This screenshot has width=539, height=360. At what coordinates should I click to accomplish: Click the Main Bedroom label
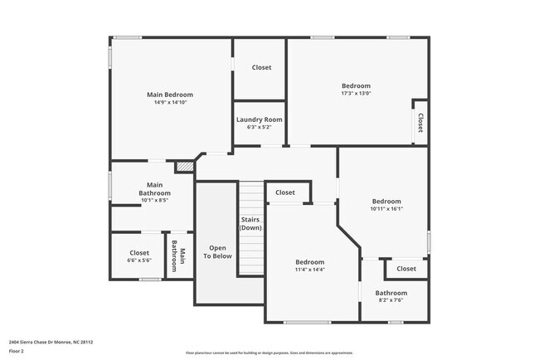point(170,95)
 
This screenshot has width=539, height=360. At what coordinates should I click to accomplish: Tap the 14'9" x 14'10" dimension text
point(170,103)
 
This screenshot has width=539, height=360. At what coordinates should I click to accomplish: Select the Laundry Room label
point(259,119)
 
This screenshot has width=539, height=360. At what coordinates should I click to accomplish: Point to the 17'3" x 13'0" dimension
point(356,94)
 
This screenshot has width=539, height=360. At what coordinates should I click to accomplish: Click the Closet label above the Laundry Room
point(261,67)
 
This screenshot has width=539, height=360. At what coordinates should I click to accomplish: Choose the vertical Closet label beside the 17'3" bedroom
point(420,123)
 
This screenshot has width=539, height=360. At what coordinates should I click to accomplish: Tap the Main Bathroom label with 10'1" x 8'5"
point(154,189)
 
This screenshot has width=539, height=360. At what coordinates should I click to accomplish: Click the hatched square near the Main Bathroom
point(183,166)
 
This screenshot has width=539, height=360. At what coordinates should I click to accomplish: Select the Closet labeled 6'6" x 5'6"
point(139,253)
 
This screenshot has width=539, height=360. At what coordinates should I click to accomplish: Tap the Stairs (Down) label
point(250,223)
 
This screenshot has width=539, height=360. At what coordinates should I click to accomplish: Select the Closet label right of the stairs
point(284,192)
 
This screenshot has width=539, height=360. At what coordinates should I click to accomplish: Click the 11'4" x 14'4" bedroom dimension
point(310,270)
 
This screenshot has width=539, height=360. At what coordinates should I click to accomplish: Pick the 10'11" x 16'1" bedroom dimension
point(386,209)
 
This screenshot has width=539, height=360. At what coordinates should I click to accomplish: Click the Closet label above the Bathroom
point(406,269)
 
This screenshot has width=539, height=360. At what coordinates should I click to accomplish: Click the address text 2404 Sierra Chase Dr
point(51,341)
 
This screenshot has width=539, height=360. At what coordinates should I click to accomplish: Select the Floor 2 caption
point(17,351)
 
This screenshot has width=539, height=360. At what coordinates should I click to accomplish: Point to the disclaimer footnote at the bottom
point(269,353)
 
